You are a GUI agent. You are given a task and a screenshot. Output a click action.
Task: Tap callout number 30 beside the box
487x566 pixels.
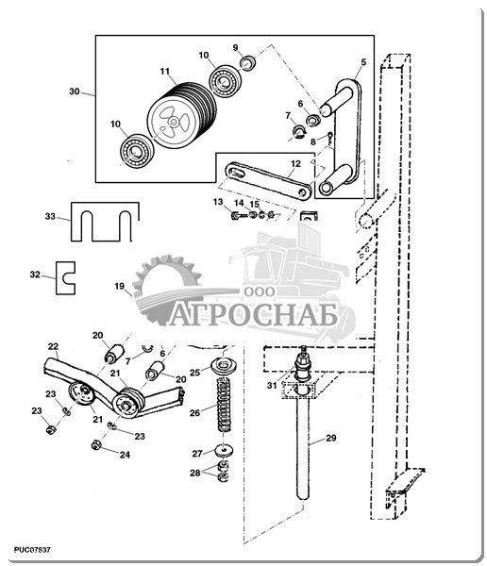(75, 92)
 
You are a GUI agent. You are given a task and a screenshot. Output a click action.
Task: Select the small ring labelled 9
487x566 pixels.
(249, 63)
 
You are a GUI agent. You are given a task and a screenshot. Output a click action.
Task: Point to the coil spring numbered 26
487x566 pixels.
(225, 404)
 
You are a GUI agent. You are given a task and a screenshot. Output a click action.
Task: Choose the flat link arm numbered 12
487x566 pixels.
(268, 180)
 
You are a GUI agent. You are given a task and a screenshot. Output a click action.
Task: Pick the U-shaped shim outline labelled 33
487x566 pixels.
(105, 222)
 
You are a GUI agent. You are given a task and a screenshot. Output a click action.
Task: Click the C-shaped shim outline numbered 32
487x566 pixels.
(65, 278)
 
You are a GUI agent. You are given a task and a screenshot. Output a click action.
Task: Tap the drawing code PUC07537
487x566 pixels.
(32, 550)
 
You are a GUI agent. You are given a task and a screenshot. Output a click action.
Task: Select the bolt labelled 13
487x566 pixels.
(239, 216)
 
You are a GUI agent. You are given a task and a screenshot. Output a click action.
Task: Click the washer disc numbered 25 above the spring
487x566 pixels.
(224, 366)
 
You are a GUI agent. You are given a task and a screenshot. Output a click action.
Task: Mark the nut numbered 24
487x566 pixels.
(95, 445)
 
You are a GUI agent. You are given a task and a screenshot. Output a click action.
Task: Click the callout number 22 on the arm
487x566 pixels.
(53, 346)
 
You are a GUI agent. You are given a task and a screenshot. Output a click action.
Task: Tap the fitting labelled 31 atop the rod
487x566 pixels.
(303, 363)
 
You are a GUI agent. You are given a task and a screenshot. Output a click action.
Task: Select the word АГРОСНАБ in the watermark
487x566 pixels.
(254, 315)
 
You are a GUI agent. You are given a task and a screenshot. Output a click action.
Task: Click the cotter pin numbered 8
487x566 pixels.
(329, 139)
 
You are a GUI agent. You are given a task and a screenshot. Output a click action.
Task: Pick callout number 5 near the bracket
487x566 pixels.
(363, 62)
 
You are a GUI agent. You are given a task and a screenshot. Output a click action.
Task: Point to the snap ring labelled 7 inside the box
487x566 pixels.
(299, 132)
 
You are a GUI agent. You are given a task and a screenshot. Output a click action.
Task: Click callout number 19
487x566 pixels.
(120, 286)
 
